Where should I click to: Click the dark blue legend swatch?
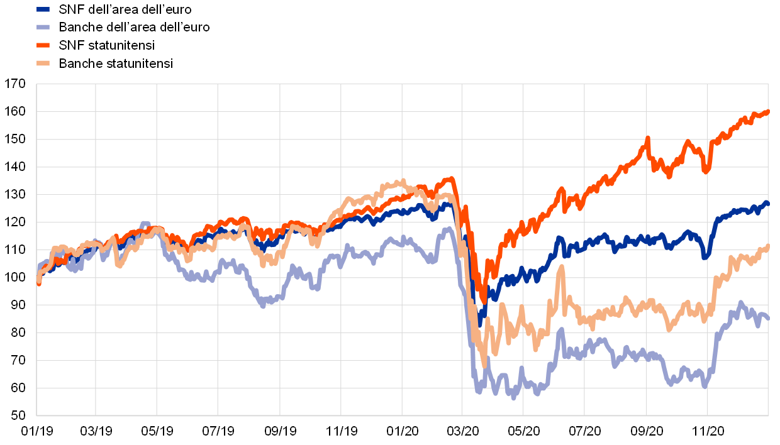[x=43, y=9]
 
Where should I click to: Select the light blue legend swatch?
[x=43, y=27]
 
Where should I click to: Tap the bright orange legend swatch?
[x=43, y=45]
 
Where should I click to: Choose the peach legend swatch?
[x=43, y=63]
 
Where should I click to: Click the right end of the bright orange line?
[x=767, y=112]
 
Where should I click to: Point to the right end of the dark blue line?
[x=767, y=202]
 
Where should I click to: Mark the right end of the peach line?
[x=767, y=246]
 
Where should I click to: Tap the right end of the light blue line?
[x=767, y=319]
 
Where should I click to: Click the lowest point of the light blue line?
[x=514, y=397]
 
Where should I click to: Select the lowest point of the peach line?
[x=484, y=365]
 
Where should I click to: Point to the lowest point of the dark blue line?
[x=480, y=325]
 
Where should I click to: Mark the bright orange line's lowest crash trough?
[x=483, y=300]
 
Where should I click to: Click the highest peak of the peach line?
[x=403, y=181]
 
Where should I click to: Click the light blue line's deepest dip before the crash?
[x=263, y=305]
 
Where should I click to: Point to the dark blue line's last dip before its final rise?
[x=706, y=256]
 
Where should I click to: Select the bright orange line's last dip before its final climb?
[x=706, y=170]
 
